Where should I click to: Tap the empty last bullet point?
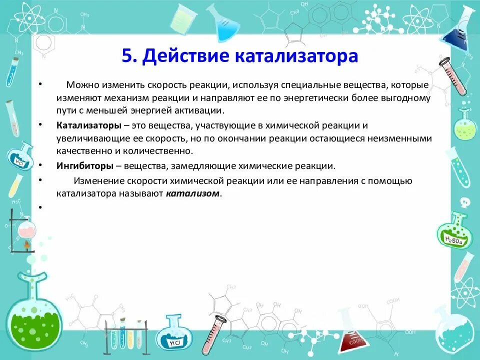(39, 206)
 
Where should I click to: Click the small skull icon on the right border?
(464, 201)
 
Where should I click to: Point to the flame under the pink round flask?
(25, 245)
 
